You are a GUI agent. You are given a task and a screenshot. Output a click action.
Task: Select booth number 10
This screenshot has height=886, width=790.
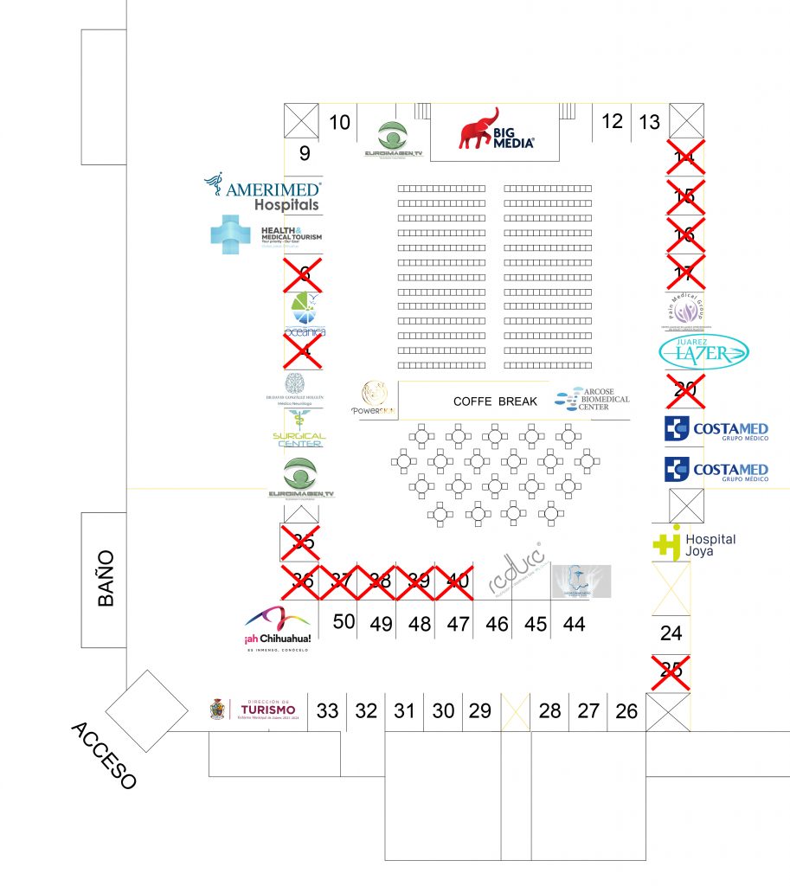340,123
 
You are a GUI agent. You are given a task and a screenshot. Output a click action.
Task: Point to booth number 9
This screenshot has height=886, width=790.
305,154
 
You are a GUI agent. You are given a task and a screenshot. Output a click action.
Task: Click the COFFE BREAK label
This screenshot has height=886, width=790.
495,401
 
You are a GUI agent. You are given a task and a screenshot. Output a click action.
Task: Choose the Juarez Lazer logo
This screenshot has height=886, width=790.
703,350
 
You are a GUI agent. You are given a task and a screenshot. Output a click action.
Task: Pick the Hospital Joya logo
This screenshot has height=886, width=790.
694,543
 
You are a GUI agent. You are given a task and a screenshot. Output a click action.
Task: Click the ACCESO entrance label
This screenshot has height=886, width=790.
104,755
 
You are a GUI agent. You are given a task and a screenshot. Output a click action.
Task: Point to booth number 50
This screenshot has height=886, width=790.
344,622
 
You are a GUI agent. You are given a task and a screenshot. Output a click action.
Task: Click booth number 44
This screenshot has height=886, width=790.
574,624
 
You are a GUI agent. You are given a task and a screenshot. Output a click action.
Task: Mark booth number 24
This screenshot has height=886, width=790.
671,633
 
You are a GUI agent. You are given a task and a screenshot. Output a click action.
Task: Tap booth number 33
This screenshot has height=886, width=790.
327,711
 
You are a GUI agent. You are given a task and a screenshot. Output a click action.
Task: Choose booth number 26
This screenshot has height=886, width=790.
626,711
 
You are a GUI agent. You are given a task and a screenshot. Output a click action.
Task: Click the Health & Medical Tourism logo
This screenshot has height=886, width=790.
265,234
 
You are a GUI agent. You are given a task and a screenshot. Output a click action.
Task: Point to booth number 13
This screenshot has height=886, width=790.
649,122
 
